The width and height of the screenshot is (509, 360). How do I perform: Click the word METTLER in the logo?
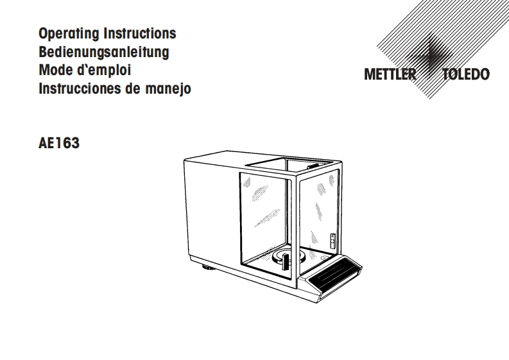[390, 74]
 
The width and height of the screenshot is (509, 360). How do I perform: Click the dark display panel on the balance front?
[334, 275]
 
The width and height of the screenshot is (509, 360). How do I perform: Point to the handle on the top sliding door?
[313, 167]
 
